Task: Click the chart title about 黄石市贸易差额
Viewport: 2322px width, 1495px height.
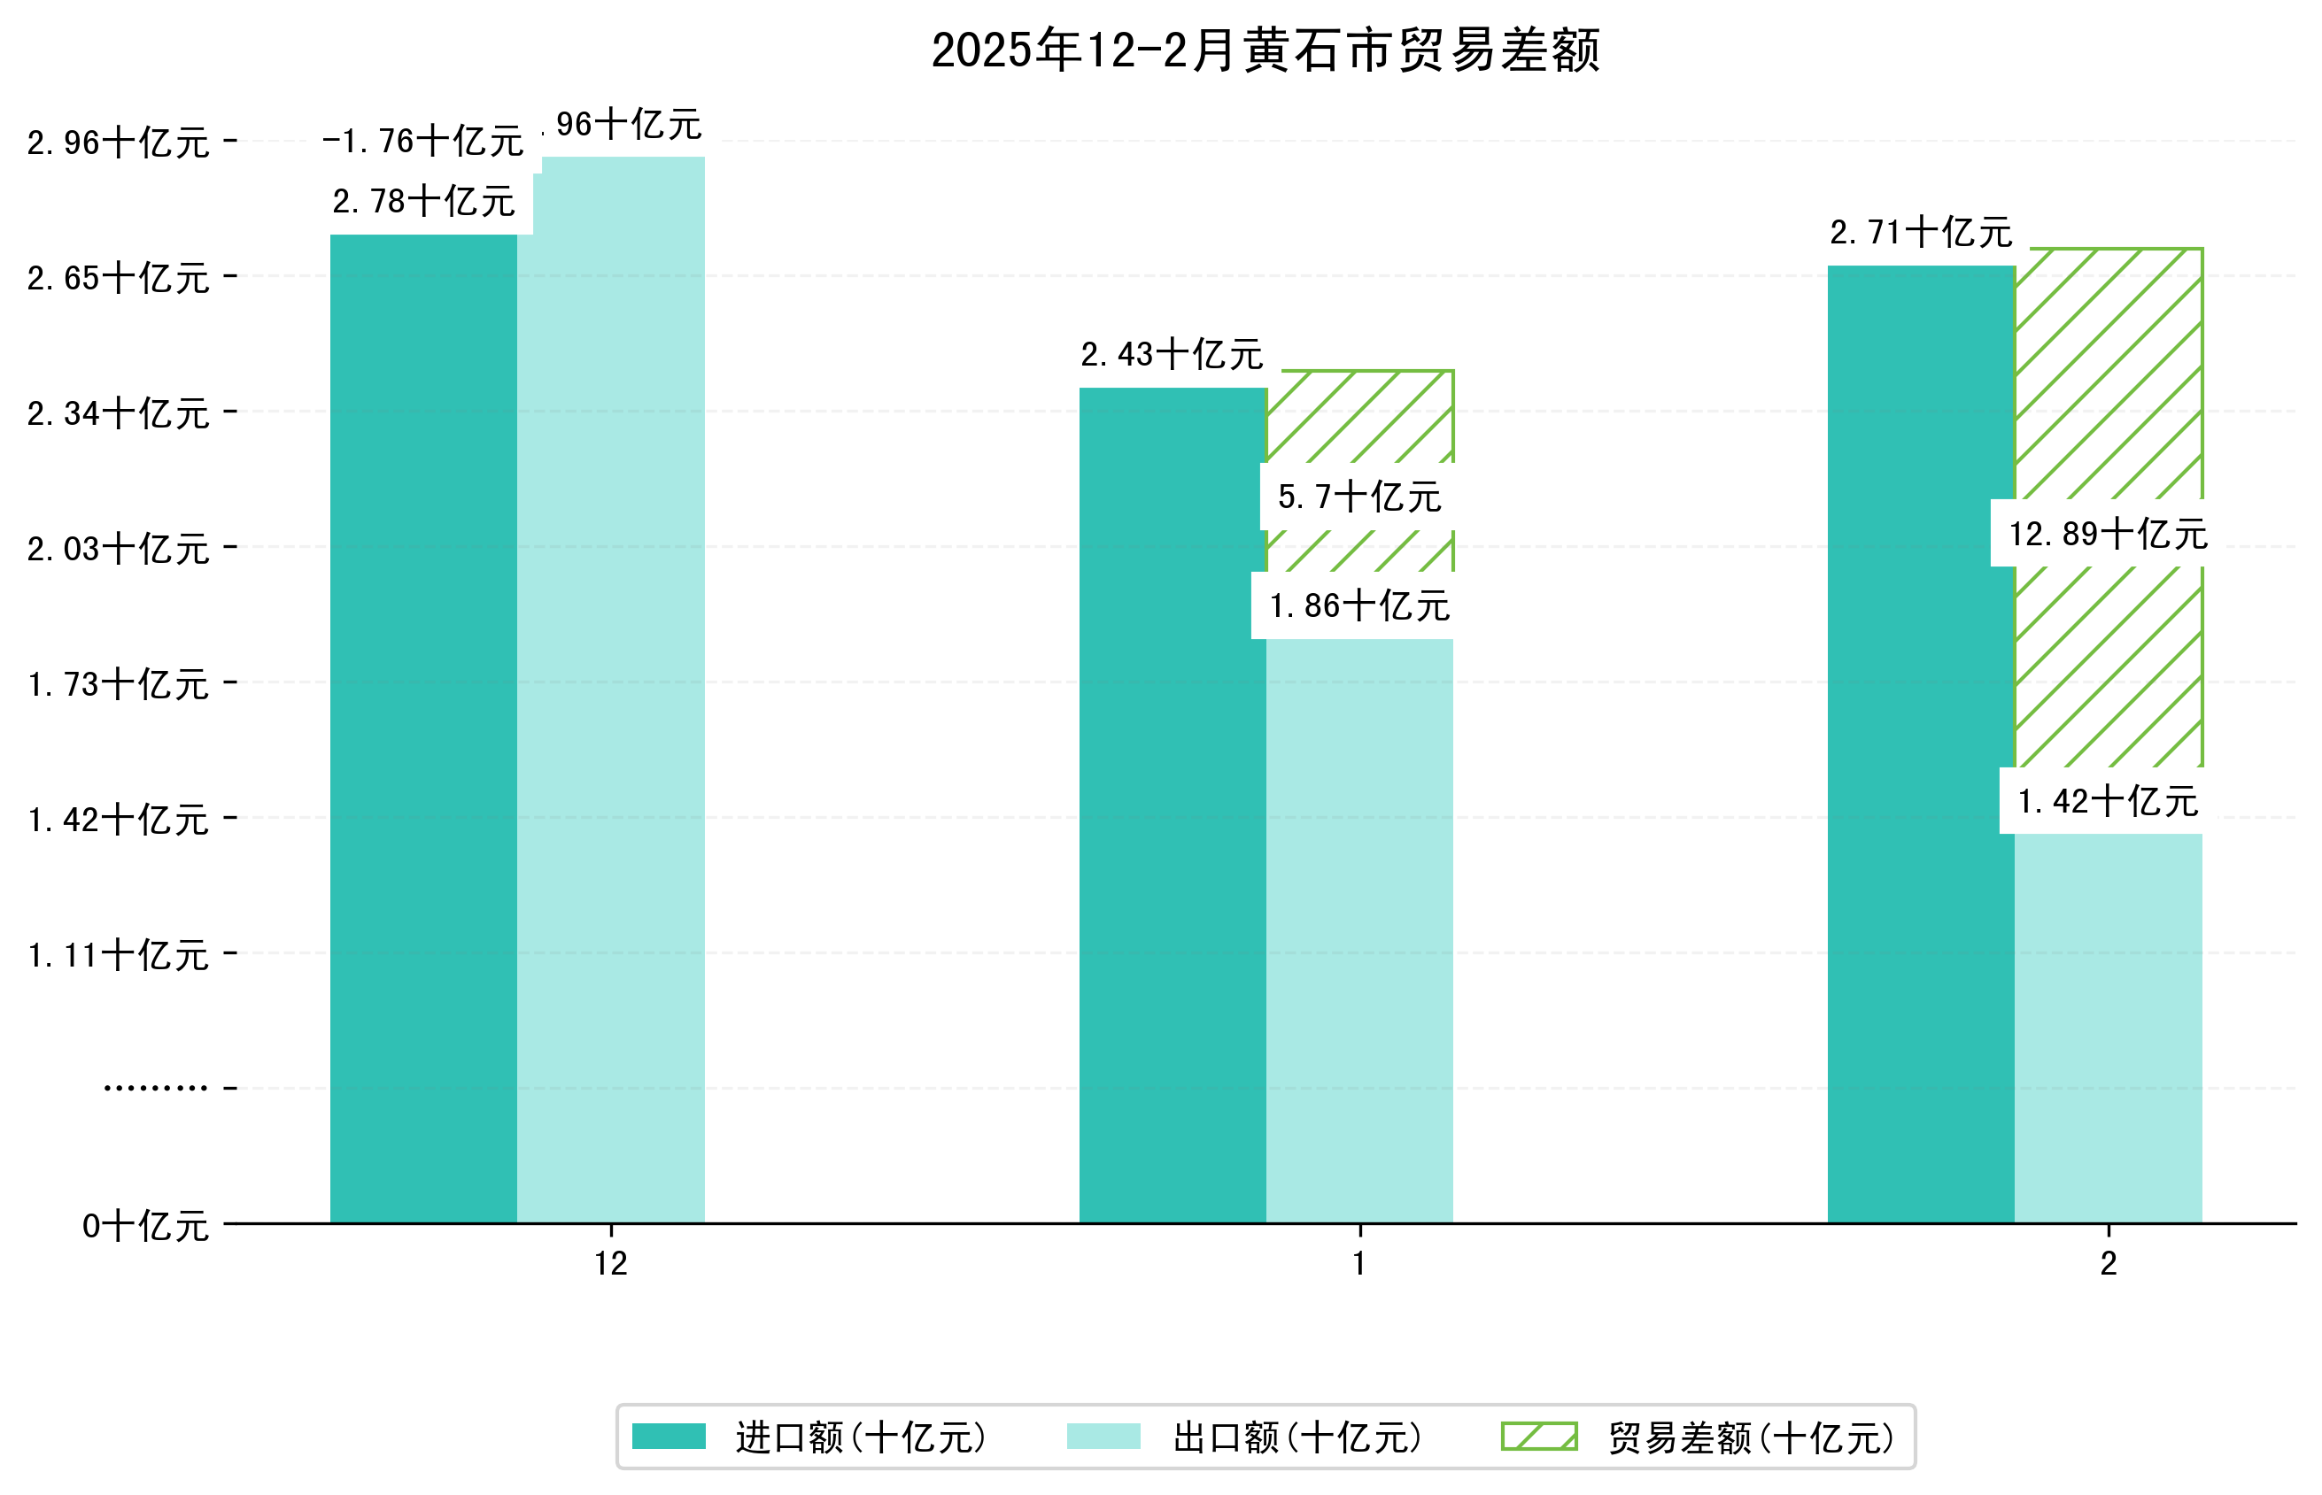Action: click(x=1265, y=50)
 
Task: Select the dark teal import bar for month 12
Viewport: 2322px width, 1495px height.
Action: click(x=423, y=728)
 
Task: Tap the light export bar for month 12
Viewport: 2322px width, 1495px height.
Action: click(x=611, y=690)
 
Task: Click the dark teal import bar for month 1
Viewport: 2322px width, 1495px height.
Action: click(x=1173, y=805)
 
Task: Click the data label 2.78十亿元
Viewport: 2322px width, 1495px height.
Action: click(x=423, y=202)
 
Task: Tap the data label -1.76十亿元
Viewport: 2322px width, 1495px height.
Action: click(x=423, y=142)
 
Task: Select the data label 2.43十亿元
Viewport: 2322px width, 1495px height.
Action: click(x=1172, y=355)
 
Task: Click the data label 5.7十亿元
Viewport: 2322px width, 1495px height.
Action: click(x=1358, y=497)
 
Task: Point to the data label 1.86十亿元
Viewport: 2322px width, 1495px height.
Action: click(x=1358, y=605)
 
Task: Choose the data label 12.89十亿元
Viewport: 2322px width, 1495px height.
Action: click(x=2108, y=534)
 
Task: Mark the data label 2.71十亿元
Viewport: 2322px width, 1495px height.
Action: click(x=1920, y=233)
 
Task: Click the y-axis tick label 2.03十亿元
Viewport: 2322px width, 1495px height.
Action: click(x=119, y=550)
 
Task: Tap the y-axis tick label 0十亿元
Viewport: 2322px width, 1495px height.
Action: click(x=145, y=1226)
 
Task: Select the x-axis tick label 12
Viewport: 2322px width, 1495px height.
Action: click(x=611, y=1263)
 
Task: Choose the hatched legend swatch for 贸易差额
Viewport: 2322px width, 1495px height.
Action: click(x=1538, y=1437)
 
